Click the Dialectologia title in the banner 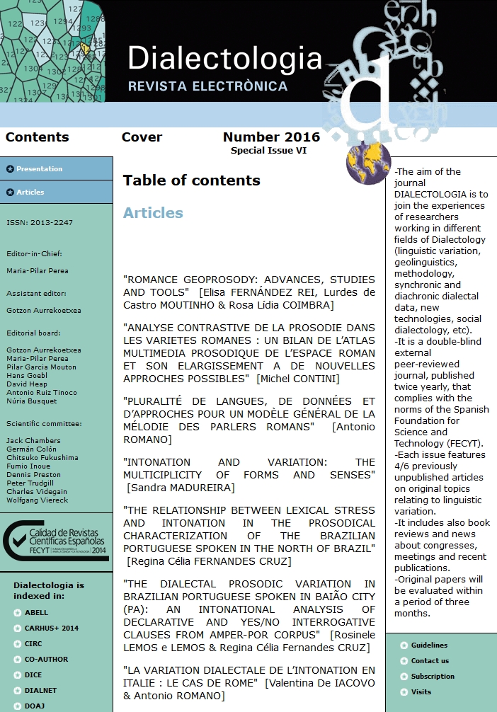pos(224,59)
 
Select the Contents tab pos(37,137)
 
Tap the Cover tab pos(142,137)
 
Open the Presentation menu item pos(39,169)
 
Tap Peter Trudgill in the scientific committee pos(30,481)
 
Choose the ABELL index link pos(36,613)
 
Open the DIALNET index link pos(40,691)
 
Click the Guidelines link pos(429,645)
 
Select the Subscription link pos(433,677)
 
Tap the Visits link pos(421,692)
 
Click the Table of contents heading pos(191,180)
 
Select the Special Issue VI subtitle pos(268,151)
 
